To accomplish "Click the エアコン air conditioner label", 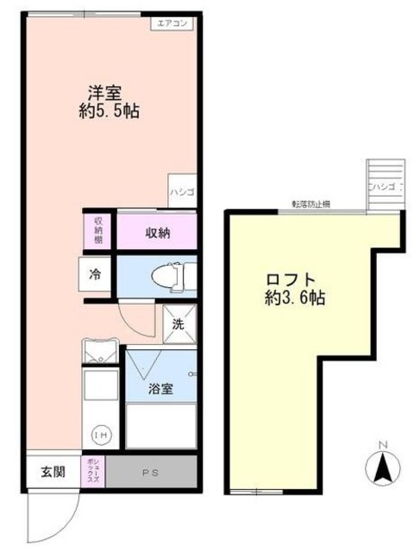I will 174,23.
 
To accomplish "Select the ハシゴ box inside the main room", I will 182,191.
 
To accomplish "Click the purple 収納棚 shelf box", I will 98,231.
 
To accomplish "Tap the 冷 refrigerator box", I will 95,275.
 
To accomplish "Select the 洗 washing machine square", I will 179,325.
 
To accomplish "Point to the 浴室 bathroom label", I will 160,389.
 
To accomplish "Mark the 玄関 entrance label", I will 53,472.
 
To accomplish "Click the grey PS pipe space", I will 151,472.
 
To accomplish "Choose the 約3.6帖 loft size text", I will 294,299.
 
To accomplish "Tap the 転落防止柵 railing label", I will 309,204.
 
